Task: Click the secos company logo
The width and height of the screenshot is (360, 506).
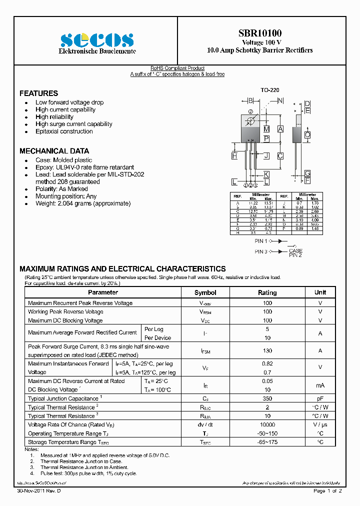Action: pos(97,39)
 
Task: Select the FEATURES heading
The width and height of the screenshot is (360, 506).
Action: pos(38,93)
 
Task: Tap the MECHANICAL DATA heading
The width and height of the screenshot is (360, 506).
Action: pos(54,151)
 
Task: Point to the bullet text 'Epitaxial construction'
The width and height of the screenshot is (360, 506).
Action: pos(64,131)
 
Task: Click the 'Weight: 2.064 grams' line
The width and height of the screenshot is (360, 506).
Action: pos(82,203)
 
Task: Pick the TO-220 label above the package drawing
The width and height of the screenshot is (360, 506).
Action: pos(269,90)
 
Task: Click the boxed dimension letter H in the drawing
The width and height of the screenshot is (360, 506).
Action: pos(234,156)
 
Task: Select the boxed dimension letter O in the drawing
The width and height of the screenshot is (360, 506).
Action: pos(307,135)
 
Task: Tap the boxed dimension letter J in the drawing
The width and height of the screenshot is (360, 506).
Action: pos(266,156)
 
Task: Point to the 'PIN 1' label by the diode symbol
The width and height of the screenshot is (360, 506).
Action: pos(261,241)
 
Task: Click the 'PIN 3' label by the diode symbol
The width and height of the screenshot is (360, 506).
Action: pos(261,251)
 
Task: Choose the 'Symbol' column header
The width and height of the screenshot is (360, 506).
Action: pos(205,292)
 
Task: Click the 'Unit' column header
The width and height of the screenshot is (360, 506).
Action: pos(320,292)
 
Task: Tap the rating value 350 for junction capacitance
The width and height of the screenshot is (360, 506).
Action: pos(267,398)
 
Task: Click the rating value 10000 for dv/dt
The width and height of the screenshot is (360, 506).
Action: pos(267,424)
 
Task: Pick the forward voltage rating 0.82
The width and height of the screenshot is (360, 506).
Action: pos(267,364)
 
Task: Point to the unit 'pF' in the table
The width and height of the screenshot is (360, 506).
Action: pos(320,398)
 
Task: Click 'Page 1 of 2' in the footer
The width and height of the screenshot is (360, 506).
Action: pos(327,491)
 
